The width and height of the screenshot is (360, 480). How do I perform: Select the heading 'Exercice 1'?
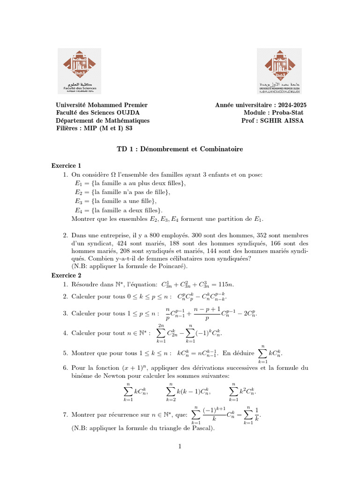(66, 165)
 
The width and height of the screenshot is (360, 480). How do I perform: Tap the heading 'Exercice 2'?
(66, 275)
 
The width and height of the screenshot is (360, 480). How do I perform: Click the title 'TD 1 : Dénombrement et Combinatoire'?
(180, 149)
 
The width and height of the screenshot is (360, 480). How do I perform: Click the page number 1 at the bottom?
(180, 446)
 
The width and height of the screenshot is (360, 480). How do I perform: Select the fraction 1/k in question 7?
(256, 414)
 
